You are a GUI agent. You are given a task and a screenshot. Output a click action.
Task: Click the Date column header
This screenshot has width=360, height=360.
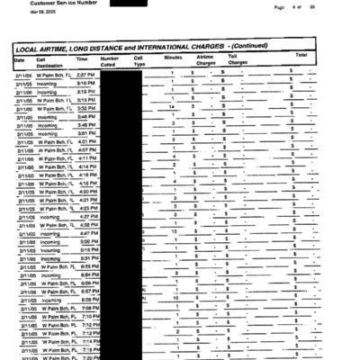[19, 58]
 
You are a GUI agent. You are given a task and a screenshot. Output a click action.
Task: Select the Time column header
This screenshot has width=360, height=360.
[82, 58]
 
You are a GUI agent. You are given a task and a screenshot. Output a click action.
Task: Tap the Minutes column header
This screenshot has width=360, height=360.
[173, 58]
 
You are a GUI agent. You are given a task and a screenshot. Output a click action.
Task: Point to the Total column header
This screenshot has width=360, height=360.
[301, 56]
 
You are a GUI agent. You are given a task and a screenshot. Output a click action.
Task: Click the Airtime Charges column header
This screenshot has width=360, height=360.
[206, 60]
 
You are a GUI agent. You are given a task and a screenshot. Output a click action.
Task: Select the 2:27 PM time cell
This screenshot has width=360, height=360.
[85, 74]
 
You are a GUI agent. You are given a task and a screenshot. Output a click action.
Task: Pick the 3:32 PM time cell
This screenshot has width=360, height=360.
[85, 108]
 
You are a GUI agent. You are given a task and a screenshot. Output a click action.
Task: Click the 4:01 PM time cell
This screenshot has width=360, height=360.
[86, 141]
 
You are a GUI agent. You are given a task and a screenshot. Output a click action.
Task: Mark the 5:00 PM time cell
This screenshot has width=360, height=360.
[86, 241]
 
